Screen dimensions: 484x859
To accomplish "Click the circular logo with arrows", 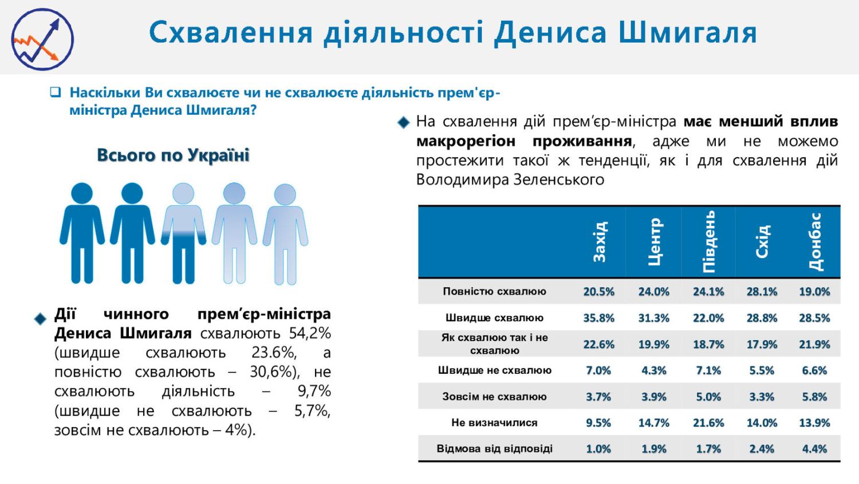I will click(x=43, y=39).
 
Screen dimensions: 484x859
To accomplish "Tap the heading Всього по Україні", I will click(x=173, y=155).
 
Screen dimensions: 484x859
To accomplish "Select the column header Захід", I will click(x=599, y=242).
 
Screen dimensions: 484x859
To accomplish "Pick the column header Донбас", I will click(x=815, y=242).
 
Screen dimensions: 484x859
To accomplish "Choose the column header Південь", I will click(x=708, y=242).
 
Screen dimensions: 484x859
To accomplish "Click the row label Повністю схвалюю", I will click(x=494, y=291).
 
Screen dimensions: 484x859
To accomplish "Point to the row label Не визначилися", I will click(x=494, y=423).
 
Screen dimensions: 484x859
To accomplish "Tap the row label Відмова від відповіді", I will click(x=494, y=448).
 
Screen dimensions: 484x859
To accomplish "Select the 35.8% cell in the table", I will click(x=598, y=318).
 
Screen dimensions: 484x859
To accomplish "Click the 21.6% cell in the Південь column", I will click(x=708, y=423).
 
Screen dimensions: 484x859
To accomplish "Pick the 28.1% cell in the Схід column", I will click(x=762, y=291).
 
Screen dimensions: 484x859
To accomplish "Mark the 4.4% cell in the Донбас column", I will click(x=814, y=448).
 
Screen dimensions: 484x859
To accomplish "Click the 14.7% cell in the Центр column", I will click(x=653, y=423).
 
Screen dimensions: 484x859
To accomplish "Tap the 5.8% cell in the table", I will click(x=814, y=396).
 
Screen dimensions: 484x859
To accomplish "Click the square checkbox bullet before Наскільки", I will click(x=55, y=92).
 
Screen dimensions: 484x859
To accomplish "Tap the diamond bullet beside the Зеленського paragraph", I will click(x=404, y=122).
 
